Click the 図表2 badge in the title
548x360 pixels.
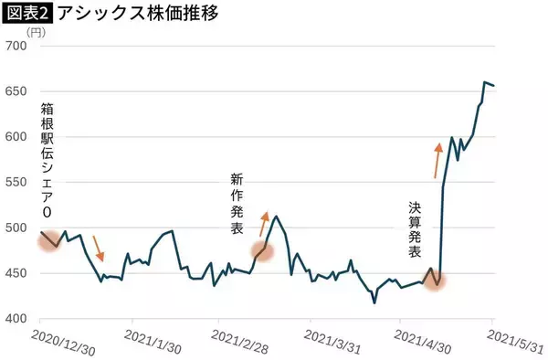click(27, 14)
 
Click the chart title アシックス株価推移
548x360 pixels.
click(134, 14)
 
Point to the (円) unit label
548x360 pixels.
click(36, 32)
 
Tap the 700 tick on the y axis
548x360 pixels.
click(16, 46)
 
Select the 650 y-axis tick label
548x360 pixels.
click(16, 91)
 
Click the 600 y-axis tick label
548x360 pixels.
click(16, 137)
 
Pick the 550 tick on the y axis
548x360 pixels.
click(16, 183)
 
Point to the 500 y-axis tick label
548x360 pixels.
click(16, 228)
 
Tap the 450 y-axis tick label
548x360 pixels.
click(16, 273)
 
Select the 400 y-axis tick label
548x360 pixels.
click(16, 319)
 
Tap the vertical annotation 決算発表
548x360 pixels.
click(415, 229)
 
